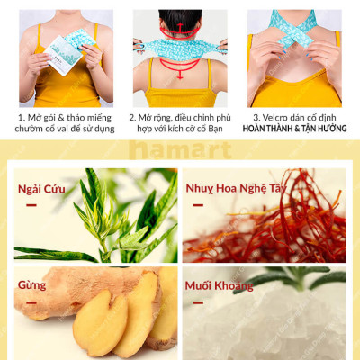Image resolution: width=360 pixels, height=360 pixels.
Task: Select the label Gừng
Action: coord(32,285)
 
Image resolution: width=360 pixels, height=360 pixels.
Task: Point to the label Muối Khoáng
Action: coord(220,286)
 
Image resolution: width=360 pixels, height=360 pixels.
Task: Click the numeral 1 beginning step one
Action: coord(19,117)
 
